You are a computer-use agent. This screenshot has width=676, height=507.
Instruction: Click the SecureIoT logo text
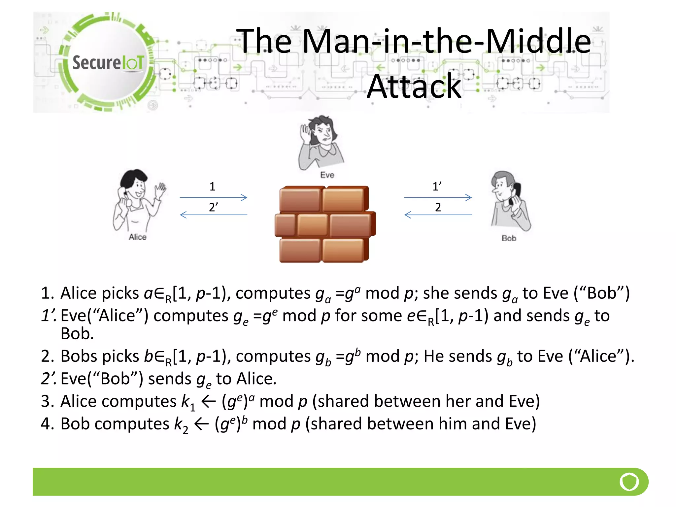(x=108, y=62)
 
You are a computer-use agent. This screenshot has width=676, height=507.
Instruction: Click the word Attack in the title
(x=414, y=86)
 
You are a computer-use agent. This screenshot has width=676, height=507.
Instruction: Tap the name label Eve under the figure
(x=327, y=175)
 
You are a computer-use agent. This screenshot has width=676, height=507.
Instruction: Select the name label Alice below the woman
(x=137, y=237)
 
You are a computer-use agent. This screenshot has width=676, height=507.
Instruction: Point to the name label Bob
(x=509, y=238)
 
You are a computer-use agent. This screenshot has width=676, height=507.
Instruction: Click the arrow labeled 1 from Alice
(x=213, y=197)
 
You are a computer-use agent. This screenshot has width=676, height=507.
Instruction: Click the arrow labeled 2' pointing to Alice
(x=213, y=215)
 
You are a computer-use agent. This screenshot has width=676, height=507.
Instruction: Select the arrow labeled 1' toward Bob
(x=438, y=197)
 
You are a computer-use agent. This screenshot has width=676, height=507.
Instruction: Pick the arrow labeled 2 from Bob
(x=438, y=215)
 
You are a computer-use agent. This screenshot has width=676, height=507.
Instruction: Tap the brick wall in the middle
(x=325, y=224)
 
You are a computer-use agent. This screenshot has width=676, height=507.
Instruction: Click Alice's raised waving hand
(x=161, y=190)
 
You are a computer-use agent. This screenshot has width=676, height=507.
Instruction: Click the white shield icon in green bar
(x=629, y=482)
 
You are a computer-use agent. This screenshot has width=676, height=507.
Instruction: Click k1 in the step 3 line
(x=188, y=402)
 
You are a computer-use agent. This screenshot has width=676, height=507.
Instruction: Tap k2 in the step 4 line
(x=181, y=425)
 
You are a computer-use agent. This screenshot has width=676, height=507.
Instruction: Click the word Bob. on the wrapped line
(x=77, y=334)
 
